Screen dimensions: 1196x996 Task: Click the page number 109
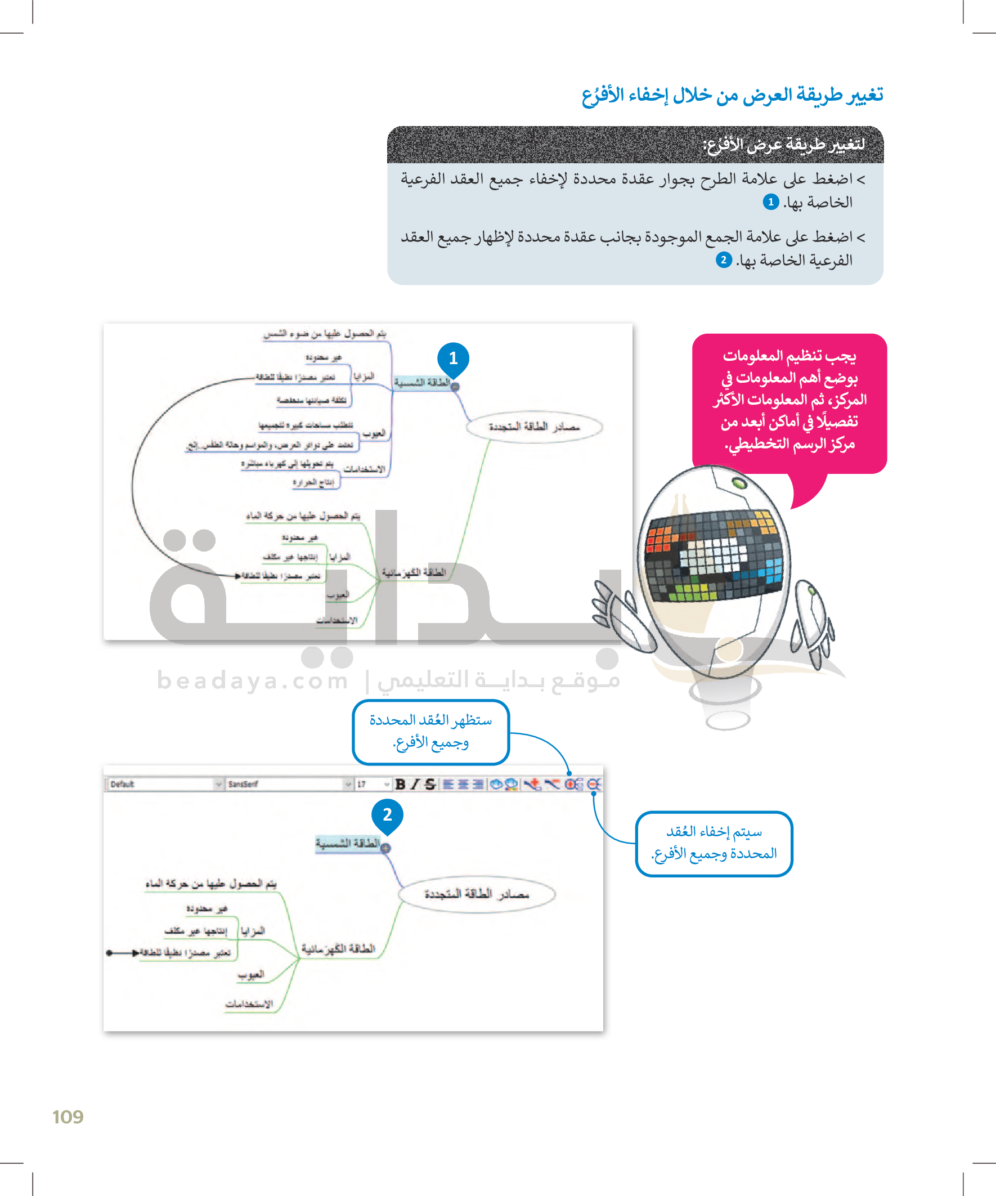tap(68, 1117)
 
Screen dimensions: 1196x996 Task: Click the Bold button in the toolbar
tap(400, 784)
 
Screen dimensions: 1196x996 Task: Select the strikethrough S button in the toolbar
tap(430, 784)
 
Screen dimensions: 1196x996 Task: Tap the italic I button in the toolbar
tap(415, 784)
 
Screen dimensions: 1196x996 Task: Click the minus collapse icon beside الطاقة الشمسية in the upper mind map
tap(455, 387)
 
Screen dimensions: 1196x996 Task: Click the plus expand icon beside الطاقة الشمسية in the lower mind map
tap(385, 848)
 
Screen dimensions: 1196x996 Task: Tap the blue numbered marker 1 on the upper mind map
tap(453, 358)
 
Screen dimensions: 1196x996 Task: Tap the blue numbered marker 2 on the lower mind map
tap(387, 815)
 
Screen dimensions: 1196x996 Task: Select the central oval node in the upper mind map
tap(534, 427)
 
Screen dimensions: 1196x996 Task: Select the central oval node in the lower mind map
tap(477, 894)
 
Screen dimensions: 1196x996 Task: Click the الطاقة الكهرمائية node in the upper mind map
tap(414, 572)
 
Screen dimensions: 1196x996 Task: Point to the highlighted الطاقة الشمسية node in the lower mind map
tap(347, 844)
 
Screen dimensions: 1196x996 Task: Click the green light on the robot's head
tap(739, 483)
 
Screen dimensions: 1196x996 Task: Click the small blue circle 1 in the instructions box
tap(770, 202)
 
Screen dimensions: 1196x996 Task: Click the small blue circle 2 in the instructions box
tap(723, 260)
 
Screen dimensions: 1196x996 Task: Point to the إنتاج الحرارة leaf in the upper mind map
tap(313, 482)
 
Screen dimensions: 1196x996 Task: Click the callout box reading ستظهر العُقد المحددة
tap(430, 732)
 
